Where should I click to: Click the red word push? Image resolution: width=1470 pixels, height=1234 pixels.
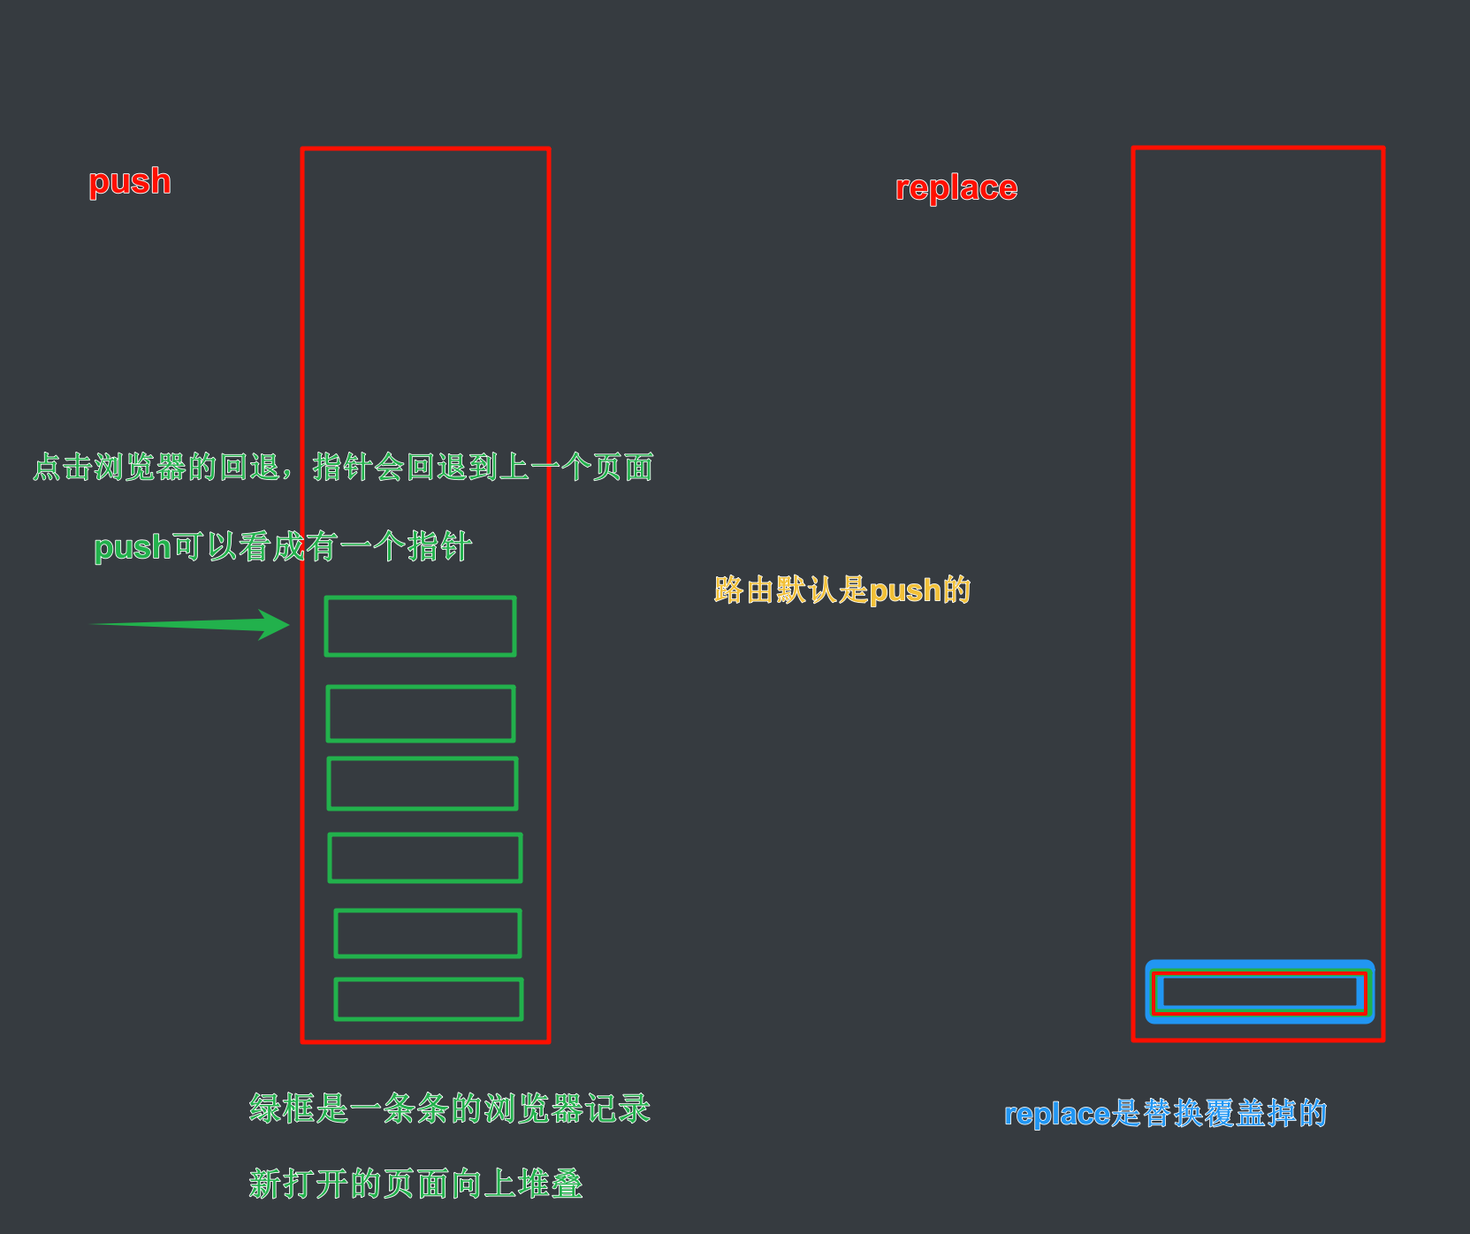tap(130, 181)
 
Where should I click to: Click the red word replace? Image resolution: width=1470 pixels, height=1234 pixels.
tap(956, 188)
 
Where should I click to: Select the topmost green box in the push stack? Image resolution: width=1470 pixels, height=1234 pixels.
tap(420, 627)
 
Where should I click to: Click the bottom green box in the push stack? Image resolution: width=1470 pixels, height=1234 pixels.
tap(429, 999)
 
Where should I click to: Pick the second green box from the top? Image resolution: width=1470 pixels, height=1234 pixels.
tap(421, 713)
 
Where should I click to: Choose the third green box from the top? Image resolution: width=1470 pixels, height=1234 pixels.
tap(423, 783)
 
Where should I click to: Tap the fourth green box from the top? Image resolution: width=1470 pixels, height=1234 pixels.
tap(425, 857)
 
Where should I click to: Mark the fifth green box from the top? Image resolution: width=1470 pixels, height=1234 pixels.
tap(428, 933)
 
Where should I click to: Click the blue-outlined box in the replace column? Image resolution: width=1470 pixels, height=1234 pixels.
tap(1260, 992)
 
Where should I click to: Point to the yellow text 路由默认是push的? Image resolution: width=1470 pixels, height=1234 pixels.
tap(842, 590)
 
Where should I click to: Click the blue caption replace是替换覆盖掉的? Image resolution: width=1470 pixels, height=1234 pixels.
tap(1165, 1113)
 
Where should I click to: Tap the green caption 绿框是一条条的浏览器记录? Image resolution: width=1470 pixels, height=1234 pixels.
tap(449, 1108)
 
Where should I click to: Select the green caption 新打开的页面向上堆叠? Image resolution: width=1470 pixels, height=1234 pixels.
tap(415, 1184)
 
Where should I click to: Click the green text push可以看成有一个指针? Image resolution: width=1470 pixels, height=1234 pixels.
tap(283, 547)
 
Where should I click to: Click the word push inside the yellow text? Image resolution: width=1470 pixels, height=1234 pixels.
tap(905, 590)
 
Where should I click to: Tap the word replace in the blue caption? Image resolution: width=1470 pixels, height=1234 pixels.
tap(1057, 1114)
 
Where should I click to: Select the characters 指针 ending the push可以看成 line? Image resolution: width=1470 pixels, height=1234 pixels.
tap(439, 547)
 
